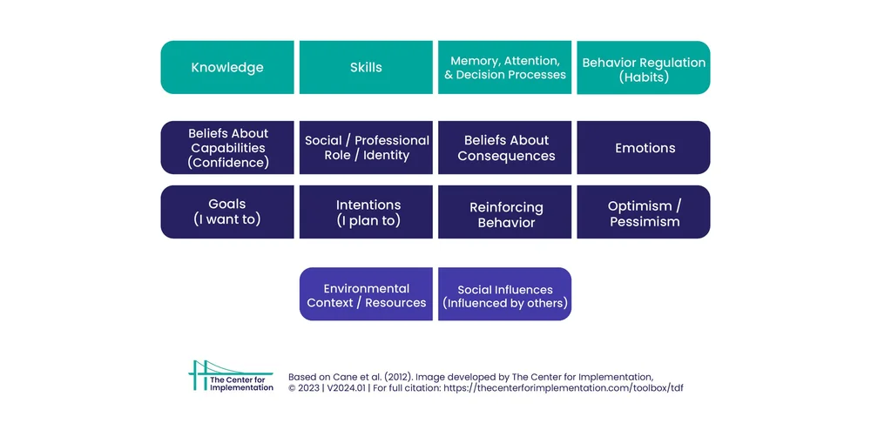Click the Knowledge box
point(227,68)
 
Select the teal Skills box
point(366,68)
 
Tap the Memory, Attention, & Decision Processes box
point(504,68)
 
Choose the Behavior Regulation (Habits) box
point(644,68)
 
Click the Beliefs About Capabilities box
point(227,148)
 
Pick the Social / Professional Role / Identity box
point(366,148)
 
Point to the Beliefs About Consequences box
point(504,148)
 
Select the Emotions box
point(644,148)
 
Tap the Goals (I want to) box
point(227,212)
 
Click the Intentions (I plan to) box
point(366,212)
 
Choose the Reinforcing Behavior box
point(504,212)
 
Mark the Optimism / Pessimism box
point(644,212)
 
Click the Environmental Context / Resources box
point(366,295)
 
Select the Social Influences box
point(504,295)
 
